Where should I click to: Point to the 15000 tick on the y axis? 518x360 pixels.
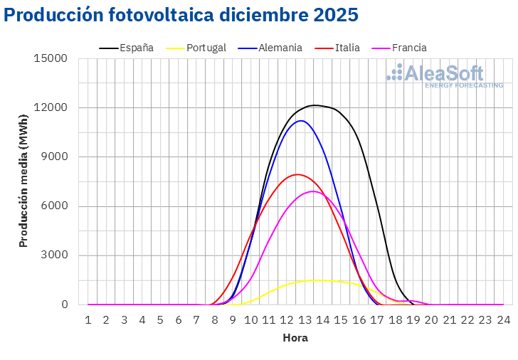pos(51,58)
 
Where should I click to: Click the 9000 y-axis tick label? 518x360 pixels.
pos(54,157)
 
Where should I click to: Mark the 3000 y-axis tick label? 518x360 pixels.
pos(54,255)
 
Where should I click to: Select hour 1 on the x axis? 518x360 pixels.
pos(88,321)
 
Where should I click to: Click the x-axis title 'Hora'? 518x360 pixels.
pos(295,338)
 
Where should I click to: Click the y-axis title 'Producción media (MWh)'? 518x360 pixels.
pos(23,181)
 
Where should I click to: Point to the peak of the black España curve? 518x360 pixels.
pos(314,105)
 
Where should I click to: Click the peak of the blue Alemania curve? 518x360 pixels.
pos(302,121)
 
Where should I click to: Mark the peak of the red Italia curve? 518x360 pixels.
pos(297,174)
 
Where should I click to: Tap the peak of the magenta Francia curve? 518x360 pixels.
pos(313,191)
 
